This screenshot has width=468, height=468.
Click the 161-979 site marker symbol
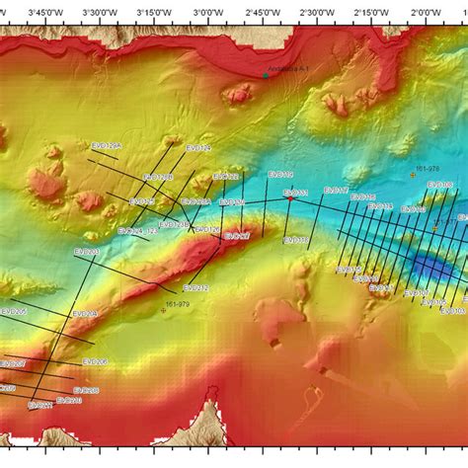(x=164, y=310)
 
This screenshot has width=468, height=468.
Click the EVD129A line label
(x=106, y=145)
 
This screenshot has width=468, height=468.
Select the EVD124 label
(x=198, y=148)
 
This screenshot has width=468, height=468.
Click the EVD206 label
(x=95, y=361)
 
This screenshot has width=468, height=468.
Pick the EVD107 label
(x=237, y=237)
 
